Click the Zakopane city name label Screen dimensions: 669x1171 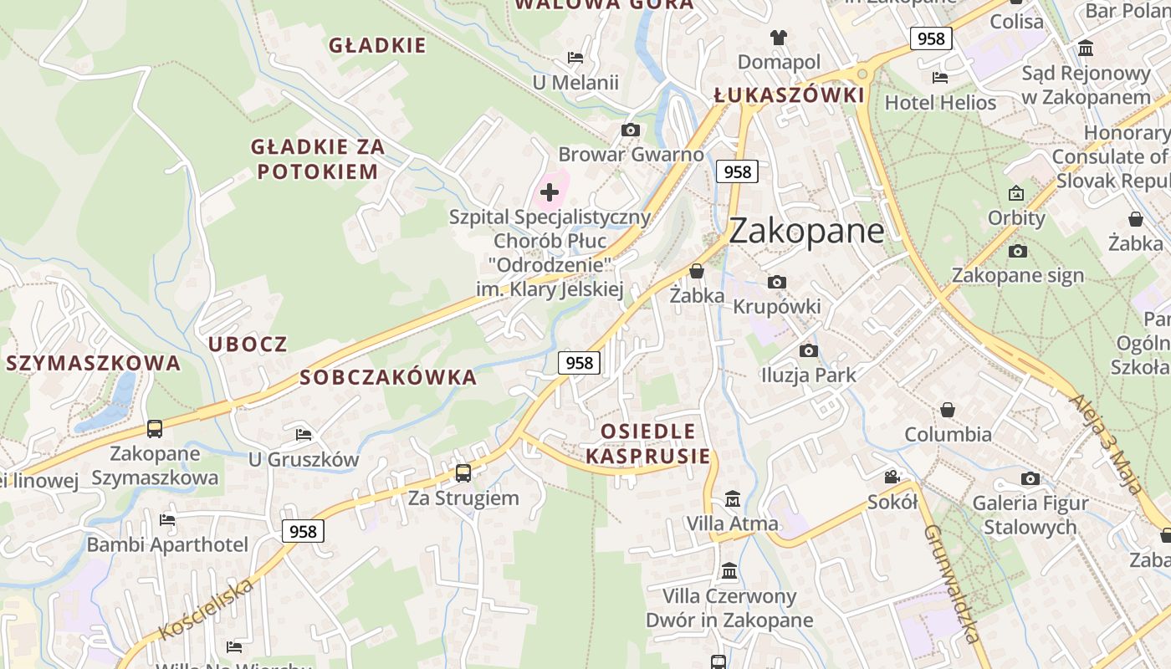point(805,231)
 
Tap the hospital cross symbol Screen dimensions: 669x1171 point(549,193)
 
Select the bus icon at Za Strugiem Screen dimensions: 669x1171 point(463,472)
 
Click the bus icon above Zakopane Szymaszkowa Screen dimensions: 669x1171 point(155,429)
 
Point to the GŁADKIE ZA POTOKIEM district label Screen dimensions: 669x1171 point(318,159)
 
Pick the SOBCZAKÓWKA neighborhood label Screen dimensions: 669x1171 point(388,377)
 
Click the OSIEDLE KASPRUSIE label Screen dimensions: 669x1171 point(648,444)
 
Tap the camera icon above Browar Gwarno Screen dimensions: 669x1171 point(631,130)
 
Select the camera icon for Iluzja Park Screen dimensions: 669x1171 point(808,350)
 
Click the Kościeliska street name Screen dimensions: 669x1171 point(206,609)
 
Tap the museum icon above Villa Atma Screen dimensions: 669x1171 point(733,499)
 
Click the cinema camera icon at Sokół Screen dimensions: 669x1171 point(892,477)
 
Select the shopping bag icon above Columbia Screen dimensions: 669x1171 point(948,410)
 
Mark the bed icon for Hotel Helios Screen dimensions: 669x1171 point(940,78)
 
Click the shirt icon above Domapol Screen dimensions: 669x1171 point(779,38)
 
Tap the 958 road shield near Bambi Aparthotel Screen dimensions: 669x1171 point(303,531)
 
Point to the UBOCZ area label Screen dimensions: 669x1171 point(248,344)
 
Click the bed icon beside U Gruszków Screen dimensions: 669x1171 point(304,434)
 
